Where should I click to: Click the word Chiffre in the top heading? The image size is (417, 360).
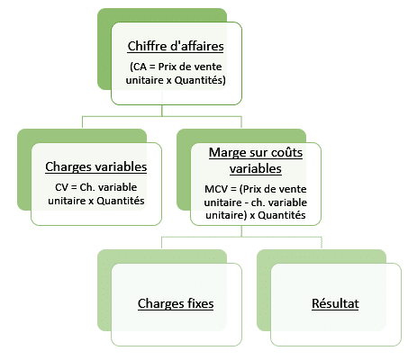click(147, 46)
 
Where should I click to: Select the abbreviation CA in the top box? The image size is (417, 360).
click(139, 67)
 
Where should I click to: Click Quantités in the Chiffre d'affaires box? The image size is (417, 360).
click(200, 80)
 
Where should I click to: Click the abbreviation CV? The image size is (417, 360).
click(61, 187)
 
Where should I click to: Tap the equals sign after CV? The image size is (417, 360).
click(74, 188)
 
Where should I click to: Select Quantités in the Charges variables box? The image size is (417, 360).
click(121, 201)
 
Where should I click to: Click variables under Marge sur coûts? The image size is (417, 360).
click(256, 168)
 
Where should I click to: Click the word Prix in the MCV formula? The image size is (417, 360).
click(252, 189)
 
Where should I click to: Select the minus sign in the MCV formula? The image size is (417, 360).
click(246, 203)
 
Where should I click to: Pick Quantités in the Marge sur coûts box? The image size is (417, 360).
click(282, 215)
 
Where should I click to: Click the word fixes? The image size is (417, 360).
click(201, 303)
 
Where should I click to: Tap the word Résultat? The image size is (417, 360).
click(335, 303)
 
